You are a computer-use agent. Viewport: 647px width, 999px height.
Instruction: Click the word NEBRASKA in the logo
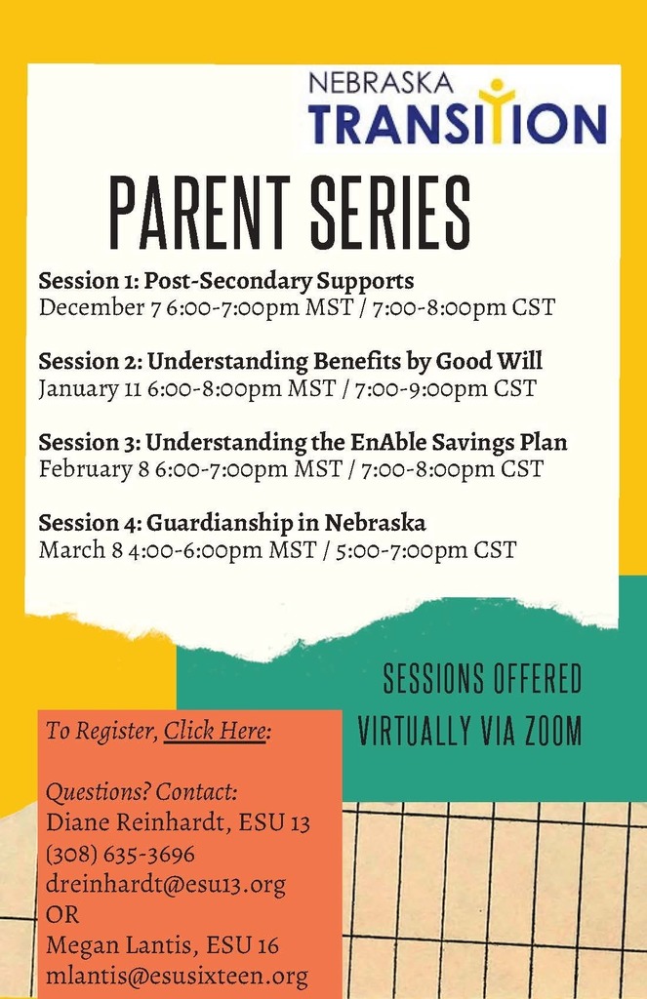382,84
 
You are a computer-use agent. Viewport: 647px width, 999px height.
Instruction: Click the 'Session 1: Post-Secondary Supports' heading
226,281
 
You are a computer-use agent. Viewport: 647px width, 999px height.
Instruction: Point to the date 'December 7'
100,307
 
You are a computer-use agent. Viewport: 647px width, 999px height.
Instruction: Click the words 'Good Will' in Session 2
489,361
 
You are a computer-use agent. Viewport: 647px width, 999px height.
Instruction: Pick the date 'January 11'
90,388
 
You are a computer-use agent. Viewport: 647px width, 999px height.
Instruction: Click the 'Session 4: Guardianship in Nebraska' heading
232,523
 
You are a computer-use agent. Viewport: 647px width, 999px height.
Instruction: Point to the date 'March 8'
80,550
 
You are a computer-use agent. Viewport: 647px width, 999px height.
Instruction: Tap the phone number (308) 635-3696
120,854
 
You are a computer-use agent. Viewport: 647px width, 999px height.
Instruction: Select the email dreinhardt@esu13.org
166,884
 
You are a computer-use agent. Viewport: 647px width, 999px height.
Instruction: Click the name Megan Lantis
118,944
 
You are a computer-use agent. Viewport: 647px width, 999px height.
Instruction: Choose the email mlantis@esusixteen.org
178,976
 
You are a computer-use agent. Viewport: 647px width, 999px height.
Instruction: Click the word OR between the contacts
62,915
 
